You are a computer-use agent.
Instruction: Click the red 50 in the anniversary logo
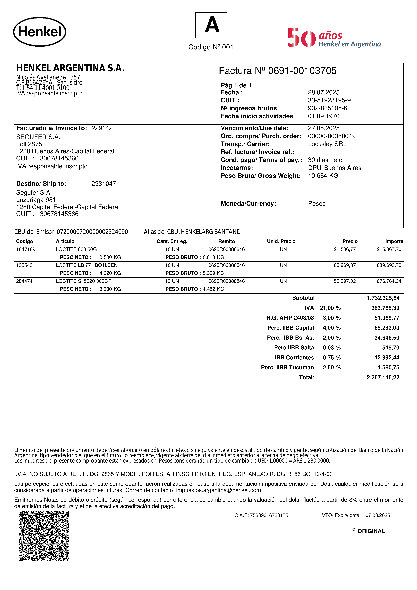(301, 38)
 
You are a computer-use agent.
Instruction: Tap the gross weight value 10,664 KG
(323, 176)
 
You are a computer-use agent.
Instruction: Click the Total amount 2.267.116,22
(383, 377)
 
